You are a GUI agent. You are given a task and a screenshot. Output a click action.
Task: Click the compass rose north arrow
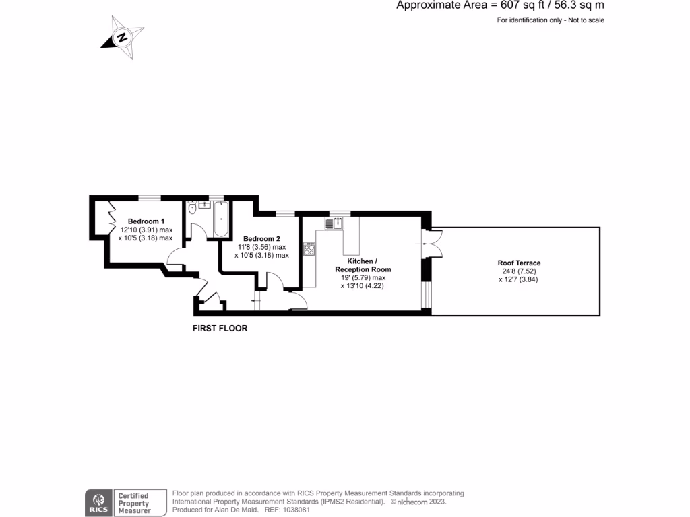click(122, 37)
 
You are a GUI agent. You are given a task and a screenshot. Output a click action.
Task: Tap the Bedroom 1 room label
click(146, 221)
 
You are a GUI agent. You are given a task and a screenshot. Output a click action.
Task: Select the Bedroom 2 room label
click(261, 239)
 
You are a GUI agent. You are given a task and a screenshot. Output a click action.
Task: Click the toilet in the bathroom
click(192, 209)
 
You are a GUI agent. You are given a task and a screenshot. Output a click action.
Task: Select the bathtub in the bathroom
click(220, 218)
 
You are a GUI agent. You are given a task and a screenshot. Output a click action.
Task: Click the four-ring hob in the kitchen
click(310, 249)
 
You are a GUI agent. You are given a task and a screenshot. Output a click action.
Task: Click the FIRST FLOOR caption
click(220, 329)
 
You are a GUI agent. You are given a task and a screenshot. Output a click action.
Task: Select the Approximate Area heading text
click(500, 6)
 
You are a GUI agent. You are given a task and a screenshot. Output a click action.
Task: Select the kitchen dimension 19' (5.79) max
click(363, 277)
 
